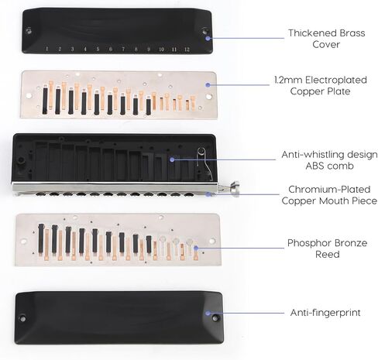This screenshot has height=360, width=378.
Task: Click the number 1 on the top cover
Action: tap(46, 49)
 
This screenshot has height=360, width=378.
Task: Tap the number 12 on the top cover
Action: tap(187, 50)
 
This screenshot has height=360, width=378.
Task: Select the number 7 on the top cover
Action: tap(123, 49)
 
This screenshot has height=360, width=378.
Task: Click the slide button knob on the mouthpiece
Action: tap(235, 188)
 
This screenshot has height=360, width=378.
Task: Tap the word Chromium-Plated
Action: tap(329, 190)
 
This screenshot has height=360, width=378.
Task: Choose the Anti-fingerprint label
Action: tap(325, 313)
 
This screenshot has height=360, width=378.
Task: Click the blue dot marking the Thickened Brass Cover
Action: tap(208, 39)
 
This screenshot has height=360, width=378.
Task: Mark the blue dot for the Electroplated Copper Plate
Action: tap(208, 84)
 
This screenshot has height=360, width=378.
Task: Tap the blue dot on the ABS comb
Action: tap(172, 159)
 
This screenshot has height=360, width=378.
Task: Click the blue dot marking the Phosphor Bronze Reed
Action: tap(196, 248)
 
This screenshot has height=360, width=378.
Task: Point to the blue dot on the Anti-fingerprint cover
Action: tap(208, 314)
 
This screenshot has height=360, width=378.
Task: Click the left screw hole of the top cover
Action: tap(29, 31)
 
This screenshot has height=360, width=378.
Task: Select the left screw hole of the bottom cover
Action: tap(22, 319)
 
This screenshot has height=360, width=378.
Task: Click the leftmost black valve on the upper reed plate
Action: tap(45, 101)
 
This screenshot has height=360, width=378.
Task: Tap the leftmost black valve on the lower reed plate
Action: tap(41, 238)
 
